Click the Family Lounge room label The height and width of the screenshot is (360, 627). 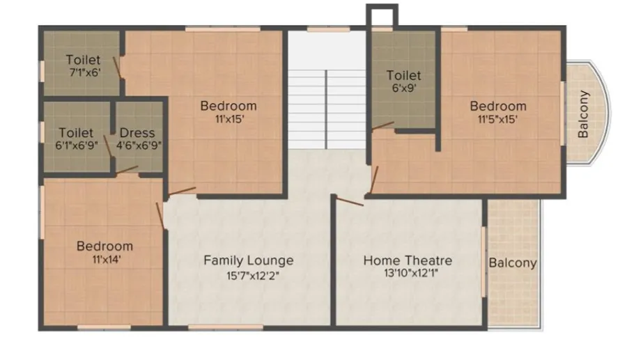pos(248,260)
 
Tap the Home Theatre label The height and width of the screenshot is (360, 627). pos(408,260)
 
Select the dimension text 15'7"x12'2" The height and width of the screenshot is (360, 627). pos(252,276)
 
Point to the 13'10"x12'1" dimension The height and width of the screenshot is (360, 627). pos(411,273)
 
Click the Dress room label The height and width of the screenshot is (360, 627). pos(137,133)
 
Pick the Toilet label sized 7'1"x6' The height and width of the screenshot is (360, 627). pos(83,59)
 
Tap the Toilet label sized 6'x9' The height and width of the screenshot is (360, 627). pos(403,75)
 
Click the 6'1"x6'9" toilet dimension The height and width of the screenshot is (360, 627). pos(77,145)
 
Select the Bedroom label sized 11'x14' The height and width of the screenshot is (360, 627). pos(104,246)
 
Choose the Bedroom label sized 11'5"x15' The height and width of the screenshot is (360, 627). pos(498,106)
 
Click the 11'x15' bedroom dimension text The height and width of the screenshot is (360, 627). pos(229,119)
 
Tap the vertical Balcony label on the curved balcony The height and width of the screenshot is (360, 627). pos(583,114)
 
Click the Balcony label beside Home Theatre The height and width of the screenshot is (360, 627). pos(513,263)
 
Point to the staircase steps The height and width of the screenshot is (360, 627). pos(327,109)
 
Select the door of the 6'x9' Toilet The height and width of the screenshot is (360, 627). pos(382,126)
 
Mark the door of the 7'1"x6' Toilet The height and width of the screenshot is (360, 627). pos(117,67)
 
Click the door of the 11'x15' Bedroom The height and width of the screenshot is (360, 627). pos(182,191)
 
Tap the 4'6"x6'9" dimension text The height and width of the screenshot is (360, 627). pos(139,145)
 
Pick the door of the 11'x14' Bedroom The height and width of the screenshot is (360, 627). pos(160,216)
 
